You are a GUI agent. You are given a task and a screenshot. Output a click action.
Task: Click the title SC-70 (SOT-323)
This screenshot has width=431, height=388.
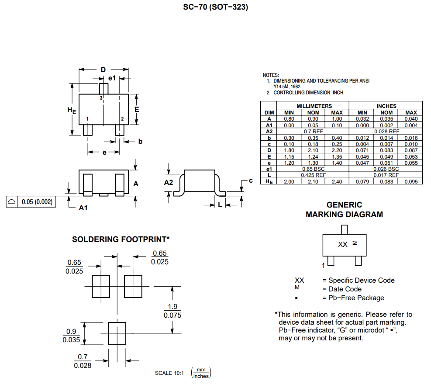tap(216, 7)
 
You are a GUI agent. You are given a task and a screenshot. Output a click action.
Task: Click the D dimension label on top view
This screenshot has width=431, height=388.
tap(103, 70)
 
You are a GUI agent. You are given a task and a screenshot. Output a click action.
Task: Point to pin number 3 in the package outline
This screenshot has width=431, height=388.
tap(101, 98)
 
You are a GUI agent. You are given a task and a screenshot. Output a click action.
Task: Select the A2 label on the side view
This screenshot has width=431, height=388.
tap(169, 182)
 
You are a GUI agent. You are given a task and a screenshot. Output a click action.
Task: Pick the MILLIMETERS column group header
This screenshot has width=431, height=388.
tap(314, 106)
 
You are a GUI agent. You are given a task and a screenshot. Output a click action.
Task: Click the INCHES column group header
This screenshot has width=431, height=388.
tap(386, 106)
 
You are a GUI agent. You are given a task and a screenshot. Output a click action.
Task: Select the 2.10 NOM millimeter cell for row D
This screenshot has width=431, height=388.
tap(314, 150)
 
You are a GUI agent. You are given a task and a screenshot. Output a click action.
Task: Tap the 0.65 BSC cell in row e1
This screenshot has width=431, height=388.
tap(314, 169)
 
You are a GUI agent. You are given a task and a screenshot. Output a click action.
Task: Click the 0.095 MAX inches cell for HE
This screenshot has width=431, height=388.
tap(411, 181)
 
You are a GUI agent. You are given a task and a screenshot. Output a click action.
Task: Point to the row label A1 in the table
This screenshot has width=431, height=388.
tap(269, 125)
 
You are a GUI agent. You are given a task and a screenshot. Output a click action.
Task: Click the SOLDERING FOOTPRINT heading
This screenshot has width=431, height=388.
tap(121, 239)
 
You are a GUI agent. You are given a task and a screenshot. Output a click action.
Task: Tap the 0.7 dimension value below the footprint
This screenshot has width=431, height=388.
tap(83, 357)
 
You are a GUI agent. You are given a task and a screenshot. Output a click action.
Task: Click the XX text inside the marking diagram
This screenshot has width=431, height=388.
tap(343, 244)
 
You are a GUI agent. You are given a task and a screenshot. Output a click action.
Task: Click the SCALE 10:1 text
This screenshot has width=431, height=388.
tap(170, 373)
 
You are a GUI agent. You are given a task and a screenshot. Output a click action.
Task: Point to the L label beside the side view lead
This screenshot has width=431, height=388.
tap(220, 204)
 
